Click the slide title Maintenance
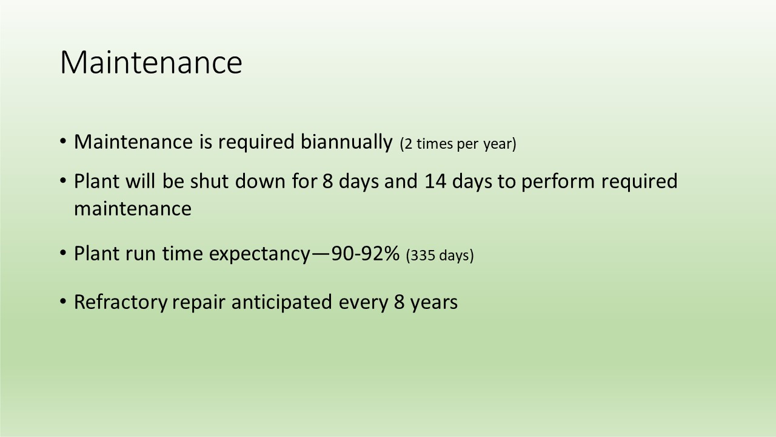point(151,63)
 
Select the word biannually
point(346,142)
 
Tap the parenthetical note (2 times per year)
point(458,144)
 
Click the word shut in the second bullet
point(209,181)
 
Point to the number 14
point(435,181)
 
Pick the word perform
point(558,182)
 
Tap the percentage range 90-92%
point(366,254)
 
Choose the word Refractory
point(121,302)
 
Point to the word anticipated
point(282,302)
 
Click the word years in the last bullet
point(434,303)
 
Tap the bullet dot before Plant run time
point(62,253)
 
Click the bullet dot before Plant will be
point(62,181)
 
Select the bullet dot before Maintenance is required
point(62,141)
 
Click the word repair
point(199,303)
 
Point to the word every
point(363,303)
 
